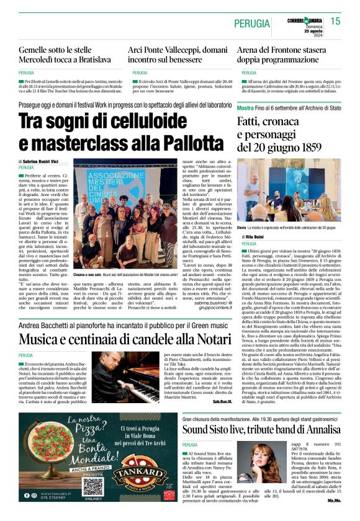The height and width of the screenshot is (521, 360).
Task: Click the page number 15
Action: point(335,21)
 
